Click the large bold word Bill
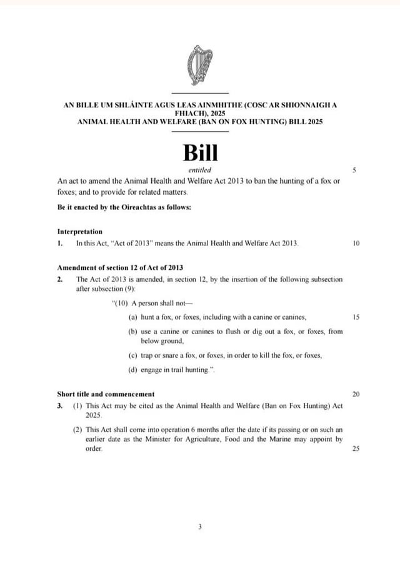(x=200, y=153)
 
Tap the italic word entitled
(x=200, y=170)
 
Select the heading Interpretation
(x=79, y=232)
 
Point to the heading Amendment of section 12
(x=119, y=267)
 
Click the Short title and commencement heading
(x=106, y=395)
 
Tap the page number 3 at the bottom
(x=200, y=526)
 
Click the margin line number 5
(x=354, y=170)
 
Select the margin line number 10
(x=356, y=243)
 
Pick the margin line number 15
(x=356, y=317)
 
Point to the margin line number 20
(x=356, y=395)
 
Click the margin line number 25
(x=356, y=449)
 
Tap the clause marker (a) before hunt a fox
(x=133, y=317)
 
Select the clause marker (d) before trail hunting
(x=133, y=370)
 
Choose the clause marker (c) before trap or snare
(x=133, y=355)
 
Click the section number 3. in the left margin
(x=59, y=406)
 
